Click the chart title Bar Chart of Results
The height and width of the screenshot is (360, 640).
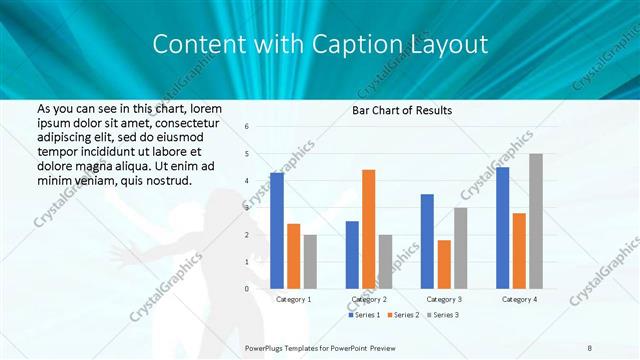tap(402, 110)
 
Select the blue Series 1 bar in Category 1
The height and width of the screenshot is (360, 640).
tap(277, 230)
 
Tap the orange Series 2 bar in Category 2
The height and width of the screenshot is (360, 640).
tap(369, 229)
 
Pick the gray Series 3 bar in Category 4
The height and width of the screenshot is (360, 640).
tap(536, 221)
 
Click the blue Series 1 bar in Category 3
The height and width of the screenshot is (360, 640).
tap(427, 241)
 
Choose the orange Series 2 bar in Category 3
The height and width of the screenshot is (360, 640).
tap(444, 264)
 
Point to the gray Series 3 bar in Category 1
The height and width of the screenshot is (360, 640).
tap(310, 261)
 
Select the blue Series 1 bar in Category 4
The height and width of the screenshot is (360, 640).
tap(502, 227)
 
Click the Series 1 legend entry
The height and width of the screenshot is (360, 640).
tap(364, 315)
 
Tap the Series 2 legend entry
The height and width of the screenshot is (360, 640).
tap(402, 315)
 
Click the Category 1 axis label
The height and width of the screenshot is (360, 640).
tap(294, 299)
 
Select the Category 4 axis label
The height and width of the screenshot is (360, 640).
tap(519, 299)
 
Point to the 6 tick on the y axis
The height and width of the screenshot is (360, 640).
tap(247, 127)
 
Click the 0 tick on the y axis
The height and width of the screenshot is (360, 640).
tap(247, 288)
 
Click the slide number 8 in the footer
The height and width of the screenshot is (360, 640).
tap(590, 347)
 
